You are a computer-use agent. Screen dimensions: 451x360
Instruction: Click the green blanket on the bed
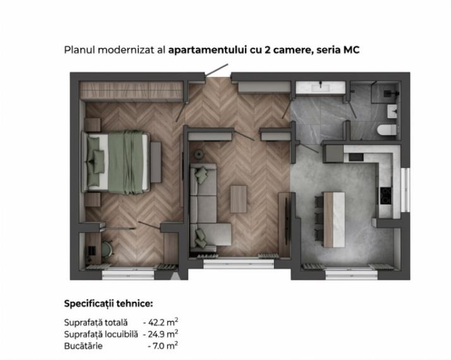[126, 162]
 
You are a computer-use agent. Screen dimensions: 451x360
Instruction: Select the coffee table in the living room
[238, 199]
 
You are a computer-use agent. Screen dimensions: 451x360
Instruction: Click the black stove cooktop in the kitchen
[386, 196]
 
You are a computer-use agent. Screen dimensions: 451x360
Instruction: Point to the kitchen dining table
[334, 220]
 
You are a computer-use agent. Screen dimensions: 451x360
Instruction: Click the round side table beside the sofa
[199, 154]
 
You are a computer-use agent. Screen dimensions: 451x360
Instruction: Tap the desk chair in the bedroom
[107, 248]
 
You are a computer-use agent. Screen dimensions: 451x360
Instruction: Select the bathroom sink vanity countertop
[320, 87]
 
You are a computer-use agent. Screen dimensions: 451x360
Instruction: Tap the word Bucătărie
[83, 345]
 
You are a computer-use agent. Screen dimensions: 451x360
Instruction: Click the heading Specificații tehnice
[109, 304]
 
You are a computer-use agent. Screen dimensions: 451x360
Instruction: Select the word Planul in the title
[80, 50]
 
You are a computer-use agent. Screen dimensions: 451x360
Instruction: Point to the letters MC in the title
[351, 50]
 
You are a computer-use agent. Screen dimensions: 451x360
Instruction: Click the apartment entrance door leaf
[217, 70]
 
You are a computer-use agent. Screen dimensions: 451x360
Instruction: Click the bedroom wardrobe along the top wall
[131, 90]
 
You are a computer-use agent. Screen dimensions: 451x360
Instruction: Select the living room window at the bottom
[239, 264]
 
